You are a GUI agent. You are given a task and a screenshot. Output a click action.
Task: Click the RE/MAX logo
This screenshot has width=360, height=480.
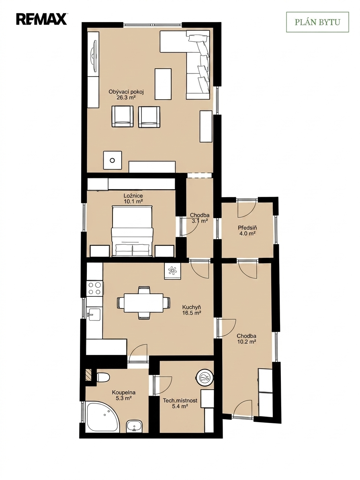click(41, 19)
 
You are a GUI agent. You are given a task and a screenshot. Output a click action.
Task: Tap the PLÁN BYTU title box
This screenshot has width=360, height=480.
click(317, 22)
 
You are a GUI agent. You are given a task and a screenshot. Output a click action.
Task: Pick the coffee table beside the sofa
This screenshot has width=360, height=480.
click(163, 84)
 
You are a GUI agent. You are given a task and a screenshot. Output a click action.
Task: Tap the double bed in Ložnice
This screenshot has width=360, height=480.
click(132, 231)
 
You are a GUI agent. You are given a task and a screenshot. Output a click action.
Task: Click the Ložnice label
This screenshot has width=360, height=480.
click(133, 196)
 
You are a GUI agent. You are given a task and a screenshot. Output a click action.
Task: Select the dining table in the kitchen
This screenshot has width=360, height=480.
click(143, 303)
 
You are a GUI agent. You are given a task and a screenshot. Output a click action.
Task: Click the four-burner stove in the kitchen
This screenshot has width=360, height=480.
click(94, 288)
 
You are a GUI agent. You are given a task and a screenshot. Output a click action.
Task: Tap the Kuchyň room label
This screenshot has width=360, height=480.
click(191, 307)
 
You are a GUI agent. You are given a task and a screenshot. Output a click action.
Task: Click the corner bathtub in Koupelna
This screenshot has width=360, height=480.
click(102, 417)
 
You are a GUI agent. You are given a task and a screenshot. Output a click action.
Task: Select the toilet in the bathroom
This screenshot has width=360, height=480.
click(103, 377)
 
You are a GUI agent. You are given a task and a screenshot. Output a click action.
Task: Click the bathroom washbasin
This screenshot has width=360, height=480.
click(134, 427)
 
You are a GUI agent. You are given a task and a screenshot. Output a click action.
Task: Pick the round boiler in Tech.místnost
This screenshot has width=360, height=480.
click(204, 379)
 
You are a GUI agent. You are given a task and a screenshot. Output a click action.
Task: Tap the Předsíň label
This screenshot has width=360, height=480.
click(247, 228)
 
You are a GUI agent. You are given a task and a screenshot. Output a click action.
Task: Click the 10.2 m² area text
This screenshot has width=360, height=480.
click(246, 342)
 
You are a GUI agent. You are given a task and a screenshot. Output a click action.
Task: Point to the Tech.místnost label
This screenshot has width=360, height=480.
click(180, 400)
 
